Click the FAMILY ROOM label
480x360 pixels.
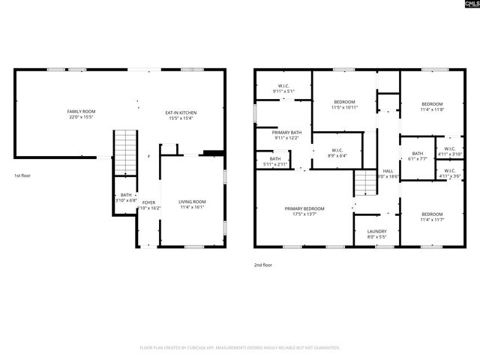point(82,111)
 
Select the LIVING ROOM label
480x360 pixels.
point(192,202)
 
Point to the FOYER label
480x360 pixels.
point(149,202)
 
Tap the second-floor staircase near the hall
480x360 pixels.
point(364,181)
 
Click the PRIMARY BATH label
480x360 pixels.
point(286,132)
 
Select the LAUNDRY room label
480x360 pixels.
point(376,231)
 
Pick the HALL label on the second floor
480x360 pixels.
point(388,171)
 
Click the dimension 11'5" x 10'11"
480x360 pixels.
point(343,108)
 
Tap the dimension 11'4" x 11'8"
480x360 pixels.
point(432,109)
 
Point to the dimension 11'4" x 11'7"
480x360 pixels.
point(432,219)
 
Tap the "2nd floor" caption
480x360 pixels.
point(262,265)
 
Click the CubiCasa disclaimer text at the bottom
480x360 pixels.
point(240,348)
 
